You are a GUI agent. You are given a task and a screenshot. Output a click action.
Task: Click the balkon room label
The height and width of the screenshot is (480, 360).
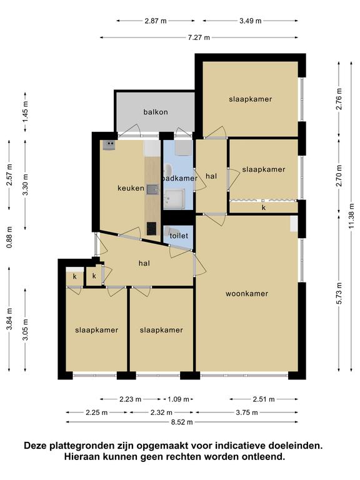156,112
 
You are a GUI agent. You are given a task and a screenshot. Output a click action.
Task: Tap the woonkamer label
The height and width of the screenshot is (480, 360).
247,294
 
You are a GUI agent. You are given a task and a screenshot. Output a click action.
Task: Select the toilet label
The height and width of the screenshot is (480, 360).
179,236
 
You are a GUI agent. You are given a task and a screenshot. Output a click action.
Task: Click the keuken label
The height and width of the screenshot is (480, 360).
131,188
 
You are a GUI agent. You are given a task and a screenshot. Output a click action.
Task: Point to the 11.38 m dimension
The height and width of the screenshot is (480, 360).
351,216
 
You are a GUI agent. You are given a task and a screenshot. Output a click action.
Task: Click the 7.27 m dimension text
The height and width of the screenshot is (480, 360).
199,37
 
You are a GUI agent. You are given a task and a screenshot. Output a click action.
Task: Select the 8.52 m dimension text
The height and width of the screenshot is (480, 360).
182,422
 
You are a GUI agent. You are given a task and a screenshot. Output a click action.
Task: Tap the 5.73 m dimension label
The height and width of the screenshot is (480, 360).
339,293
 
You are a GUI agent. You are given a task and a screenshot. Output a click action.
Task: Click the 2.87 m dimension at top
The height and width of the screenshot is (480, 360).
156,21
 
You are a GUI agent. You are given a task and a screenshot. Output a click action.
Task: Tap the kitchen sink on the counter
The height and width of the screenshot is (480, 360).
152,190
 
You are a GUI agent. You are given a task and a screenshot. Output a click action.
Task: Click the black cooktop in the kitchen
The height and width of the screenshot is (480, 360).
151,228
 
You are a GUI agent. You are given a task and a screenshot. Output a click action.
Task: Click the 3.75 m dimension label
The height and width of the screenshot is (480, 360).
247,412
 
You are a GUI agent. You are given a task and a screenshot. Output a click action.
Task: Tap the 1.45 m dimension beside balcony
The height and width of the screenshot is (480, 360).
26,112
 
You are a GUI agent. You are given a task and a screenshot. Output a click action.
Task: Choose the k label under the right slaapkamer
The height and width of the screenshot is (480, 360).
264,207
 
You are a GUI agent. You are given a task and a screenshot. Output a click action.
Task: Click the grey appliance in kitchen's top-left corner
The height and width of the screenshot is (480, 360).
109,145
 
